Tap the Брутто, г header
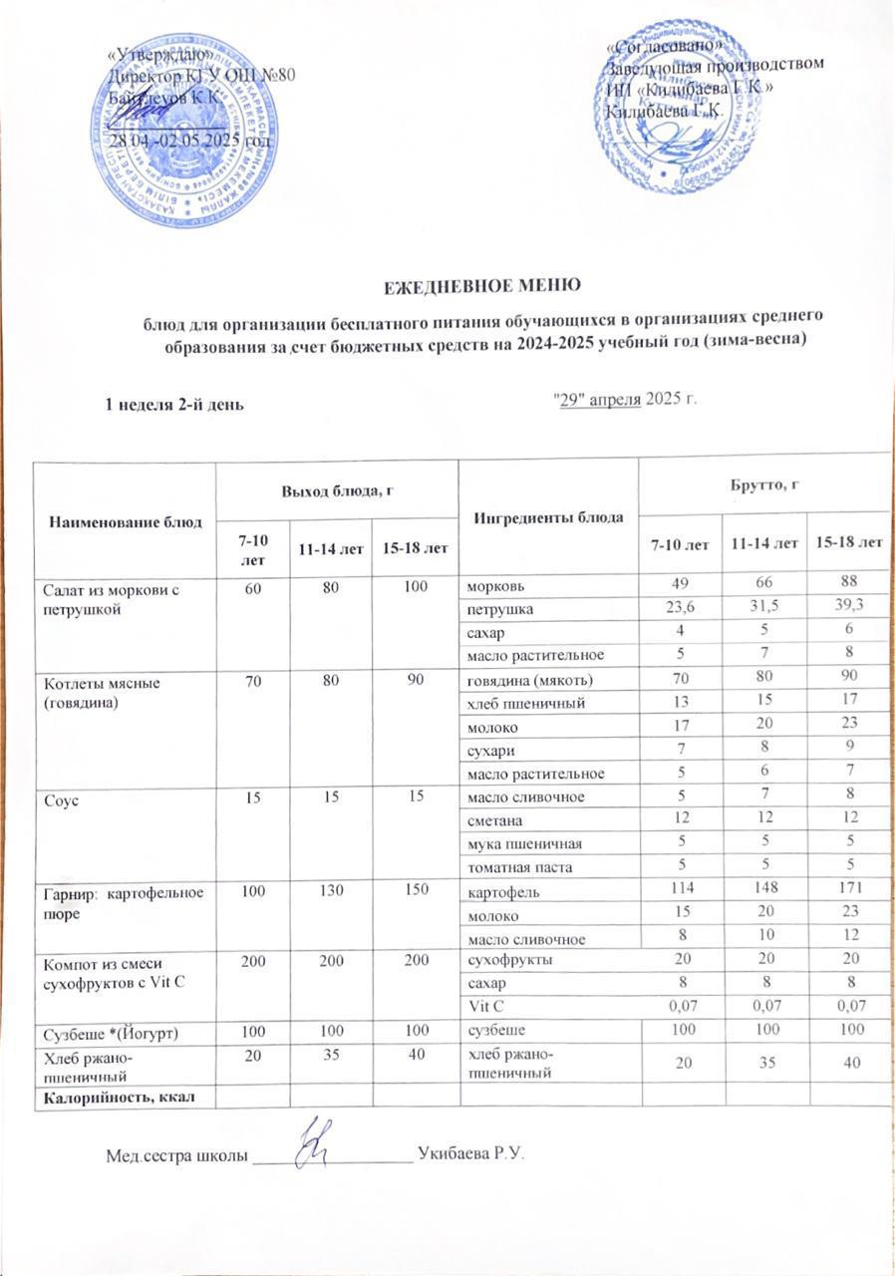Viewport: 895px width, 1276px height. (x=762, y=483)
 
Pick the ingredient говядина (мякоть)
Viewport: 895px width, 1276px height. (x=522, y=680)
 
